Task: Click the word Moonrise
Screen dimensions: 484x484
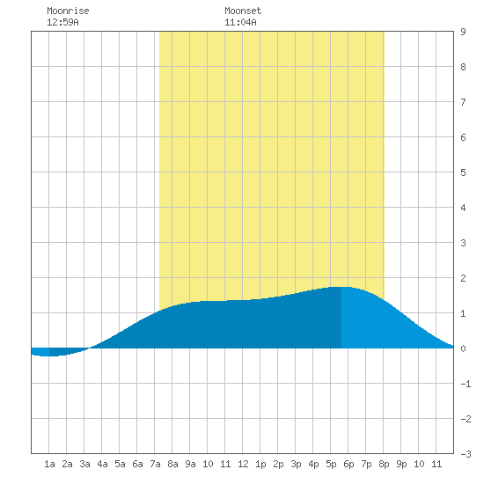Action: pos(68,11)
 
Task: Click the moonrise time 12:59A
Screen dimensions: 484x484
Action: pos(62,22)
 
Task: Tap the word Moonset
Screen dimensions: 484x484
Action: pos(243,11)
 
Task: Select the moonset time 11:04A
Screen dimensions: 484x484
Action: pos(240,22)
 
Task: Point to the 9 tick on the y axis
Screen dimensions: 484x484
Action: pos(463,32)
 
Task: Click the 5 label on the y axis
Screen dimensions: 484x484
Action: pos(463,172)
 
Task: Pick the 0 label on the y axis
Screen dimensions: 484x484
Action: pos(463,348)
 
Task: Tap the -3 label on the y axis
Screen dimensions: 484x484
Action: pos(466,454)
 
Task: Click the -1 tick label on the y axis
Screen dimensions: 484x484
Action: pos(466,384)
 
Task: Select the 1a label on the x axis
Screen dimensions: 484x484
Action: pos(49,464)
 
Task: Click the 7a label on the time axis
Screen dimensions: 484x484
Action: pos(155,464)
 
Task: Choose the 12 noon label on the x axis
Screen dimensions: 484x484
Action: pos(243,464)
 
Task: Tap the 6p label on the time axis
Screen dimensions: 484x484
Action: pos(348,464)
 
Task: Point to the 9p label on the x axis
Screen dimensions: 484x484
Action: pos(401,464)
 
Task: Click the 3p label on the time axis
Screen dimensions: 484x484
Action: pos(296,464)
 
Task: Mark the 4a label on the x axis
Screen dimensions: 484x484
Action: pos(102,464)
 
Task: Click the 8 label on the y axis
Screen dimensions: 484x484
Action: pos(463,67)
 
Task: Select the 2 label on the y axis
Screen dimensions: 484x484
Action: pos(463,278)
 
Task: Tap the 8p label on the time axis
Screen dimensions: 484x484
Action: pos(384,464)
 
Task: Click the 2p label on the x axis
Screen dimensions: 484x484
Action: pos(278,464)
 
